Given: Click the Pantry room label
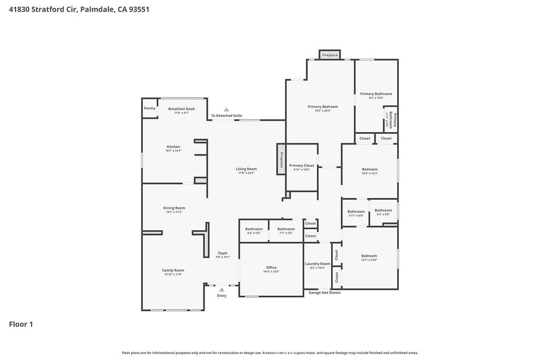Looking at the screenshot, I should pyautogui.click(x=149, y=108).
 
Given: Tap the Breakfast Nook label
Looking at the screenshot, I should pyautogui.click(x=181, y=109).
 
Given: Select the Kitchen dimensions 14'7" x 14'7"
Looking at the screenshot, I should pyautogui.click(x=173, y=151).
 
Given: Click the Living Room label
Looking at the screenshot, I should pyautogui.click(x=246, y=169).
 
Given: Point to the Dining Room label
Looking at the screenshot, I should pyautogui.click(x=174, y=208).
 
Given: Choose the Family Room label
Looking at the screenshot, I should pyautogui.click(x=173, y=270).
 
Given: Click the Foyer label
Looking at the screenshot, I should pyautogui.click(x=223, y=253).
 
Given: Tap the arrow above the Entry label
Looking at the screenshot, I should pyautogui.click(x=221, y=289).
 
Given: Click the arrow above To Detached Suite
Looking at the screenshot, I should pyautogui.click(x=226, y=110).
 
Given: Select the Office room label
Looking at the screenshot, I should pyautogui.click(x=271, y=267).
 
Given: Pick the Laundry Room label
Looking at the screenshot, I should pyautogui.click(x=317, y=264).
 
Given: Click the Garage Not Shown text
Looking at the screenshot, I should pyautogui.click(x=324, y=293).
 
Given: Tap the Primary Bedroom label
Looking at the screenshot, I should pyautogui.click(x=323, y=106).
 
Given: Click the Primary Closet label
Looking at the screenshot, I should pyautogui.click(x=302, y=166).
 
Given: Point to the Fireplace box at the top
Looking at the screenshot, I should pyautogui.click(x=330, y=55).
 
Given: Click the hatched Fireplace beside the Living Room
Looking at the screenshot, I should pyautogui.click(x=281, y=159).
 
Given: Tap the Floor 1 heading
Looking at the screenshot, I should pyautogui.click(x=21, y=324).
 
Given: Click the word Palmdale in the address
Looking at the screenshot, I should pyautogui.click(x=97, y=9).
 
